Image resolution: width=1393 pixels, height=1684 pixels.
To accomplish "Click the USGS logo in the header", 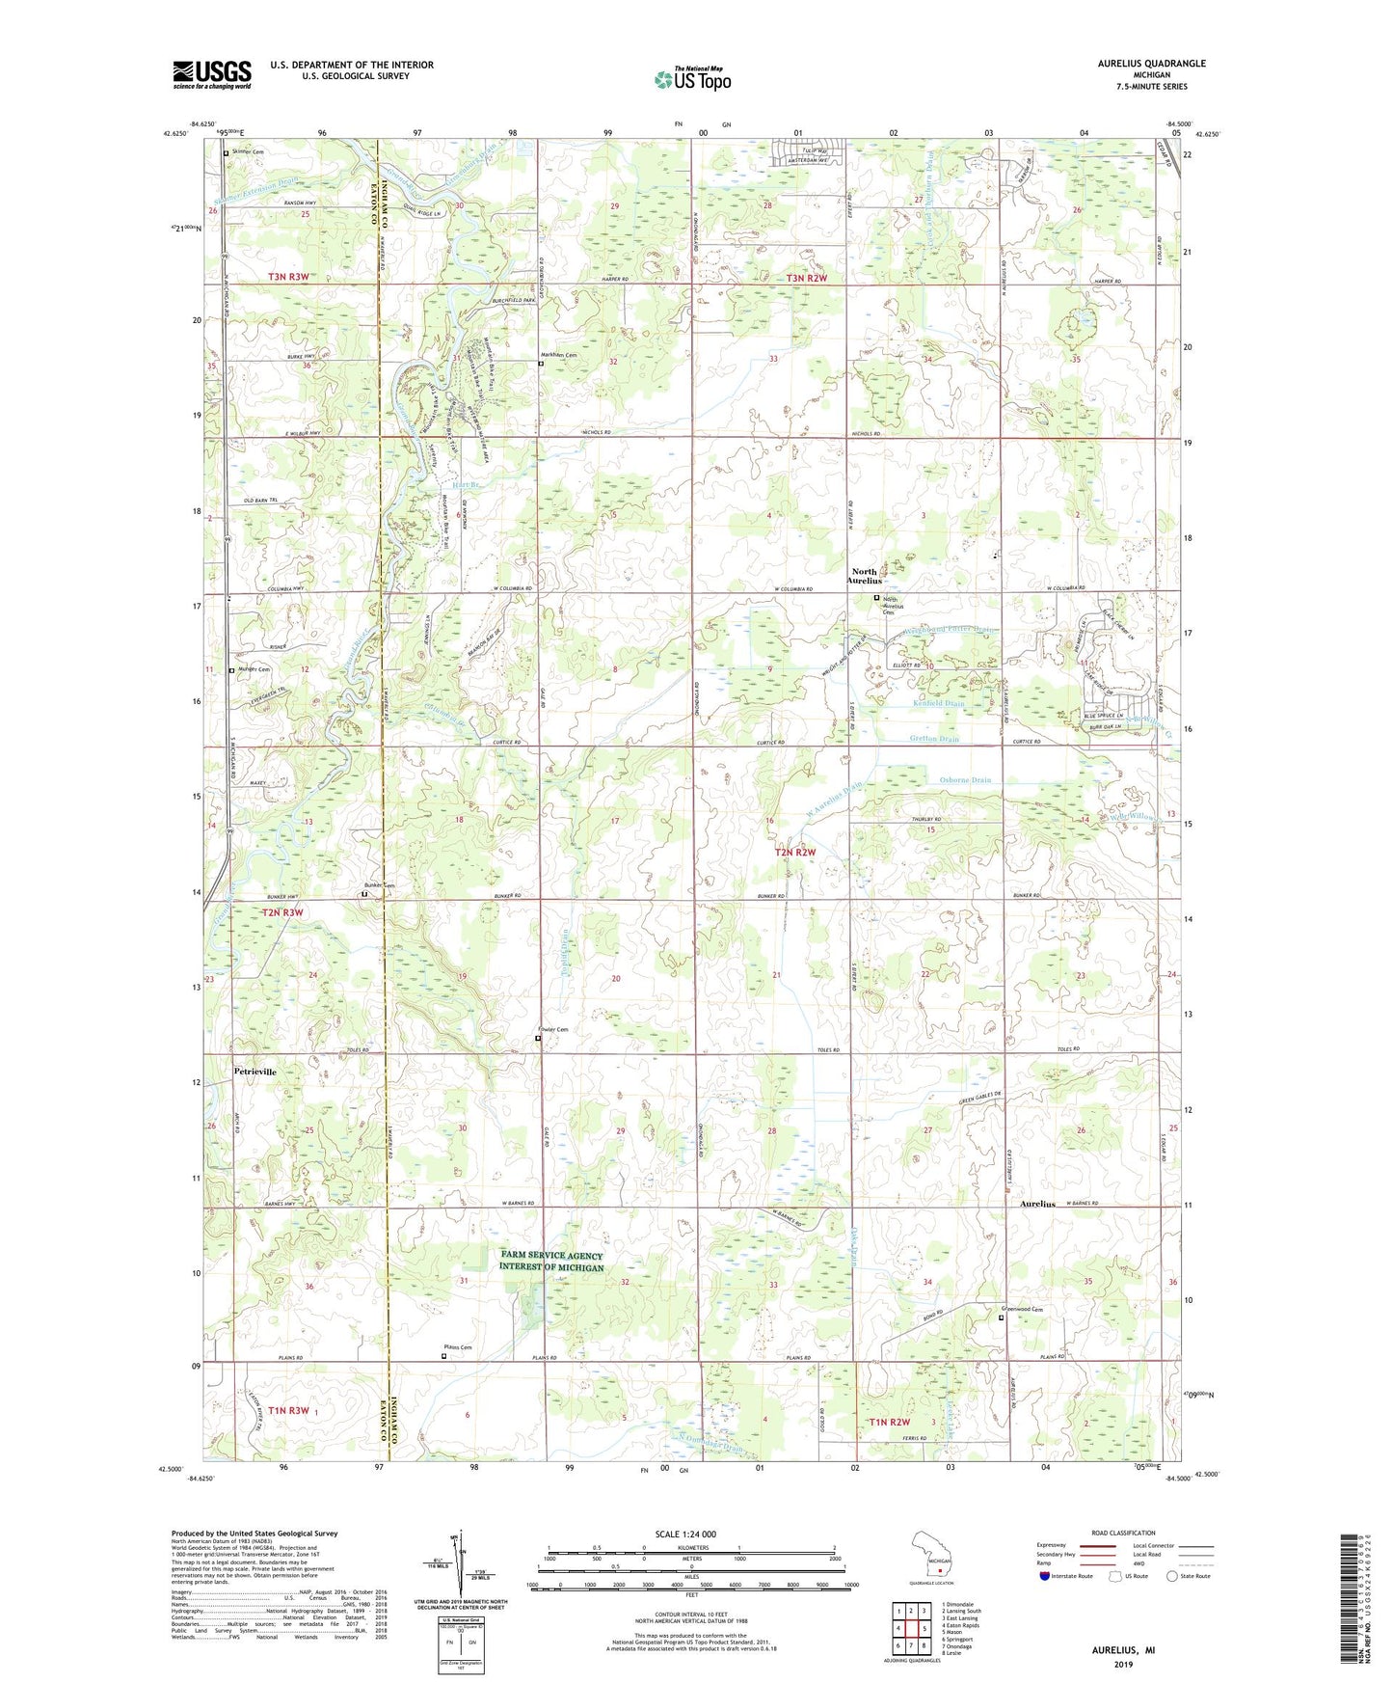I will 211,74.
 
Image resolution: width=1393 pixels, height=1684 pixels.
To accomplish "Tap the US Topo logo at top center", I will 692,79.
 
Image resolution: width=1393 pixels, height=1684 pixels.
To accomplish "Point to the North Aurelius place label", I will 864,576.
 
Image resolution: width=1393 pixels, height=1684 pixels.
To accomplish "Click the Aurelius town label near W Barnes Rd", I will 1037,1204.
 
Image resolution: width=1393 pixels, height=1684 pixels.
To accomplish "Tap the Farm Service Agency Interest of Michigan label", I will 551,1261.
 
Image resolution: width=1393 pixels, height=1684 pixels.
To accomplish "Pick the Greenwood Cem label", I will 1024,1309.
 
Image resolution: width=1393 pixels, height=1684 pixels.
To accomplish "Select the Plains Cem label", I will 458,1347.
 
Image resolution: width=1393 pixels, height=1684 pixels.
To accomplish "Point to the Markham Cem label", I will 559,355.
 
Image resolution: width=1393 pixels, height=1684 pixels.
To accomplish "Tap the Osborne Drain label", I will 965,779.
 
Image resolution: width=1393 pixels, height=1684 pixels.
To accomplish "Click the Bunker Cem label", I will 379,885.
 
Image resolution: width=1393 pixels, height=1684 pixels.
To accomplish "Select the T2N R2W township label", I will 795,853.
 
